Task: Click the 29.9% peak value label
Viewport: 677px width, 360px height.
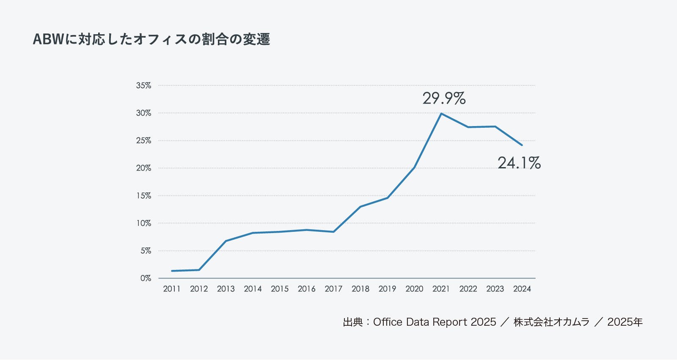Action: tap(444, 99)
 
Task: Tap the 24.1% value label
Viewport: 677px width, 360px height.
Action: tap(519, 163)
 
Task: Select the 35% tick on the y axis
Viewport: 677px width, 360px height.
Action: tap(143, 85)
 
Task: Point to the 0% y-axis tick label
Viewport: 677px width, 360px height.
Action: tap(146, 278)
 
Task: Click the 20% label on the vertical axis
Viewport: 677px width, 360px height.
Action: tap(143, 168)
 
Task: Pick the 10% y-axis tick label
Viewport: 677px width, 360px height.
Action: tap(143, 223)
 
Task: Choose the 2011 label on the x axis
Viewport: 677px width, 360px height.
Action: tap(172, 289)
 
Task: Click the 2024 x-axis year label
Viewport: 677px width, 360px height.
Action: tap(522, 289)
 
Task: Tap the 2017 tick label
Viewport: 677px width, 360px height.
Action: tap(333, 289)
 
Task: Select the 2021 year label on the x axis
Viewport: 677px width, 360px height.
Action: tap(441, 289)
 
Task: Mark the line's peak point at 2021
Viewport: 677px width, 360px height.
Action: tap(441, 113)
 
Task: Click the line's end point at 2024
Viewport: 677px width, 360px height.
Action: tap(522, 145)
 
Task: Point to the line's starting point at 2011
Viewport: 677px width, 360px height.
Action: tap(172, 271)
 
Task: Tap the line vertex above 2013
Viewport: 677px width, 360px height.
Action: tap(226, 241)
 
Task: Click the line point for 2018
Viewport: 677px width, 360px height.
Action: tap(361, 206)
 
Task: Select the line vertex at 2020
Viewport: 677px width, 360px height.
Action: tap(414, 168)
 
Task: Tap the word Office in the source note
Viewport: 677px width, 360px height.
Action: tap(388, 322)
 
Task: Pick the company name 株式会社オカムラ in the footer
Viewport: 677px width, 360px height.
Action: tap(551, 322)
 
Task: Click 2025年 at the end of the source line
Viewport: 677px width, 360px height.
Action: tap(625, 322)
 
